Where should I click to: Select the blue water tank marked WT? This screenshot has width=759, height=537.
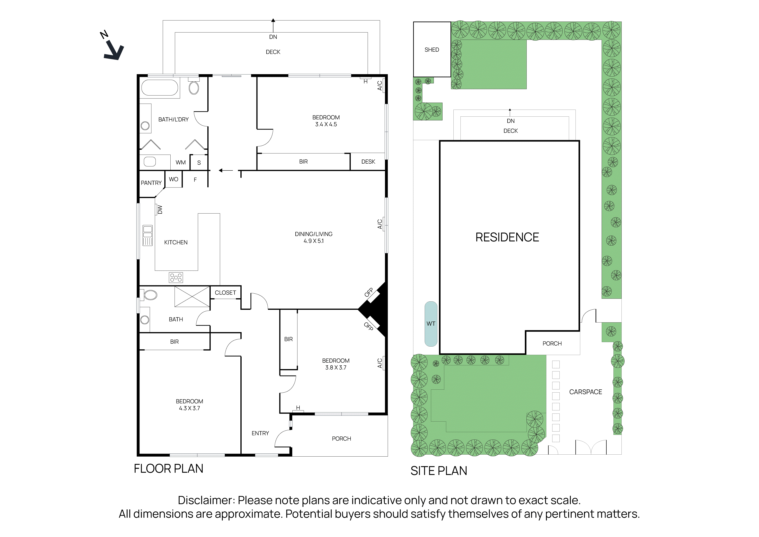[x=431, y=324]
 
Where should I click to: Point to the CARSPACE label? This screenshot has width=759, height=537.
[x=585, y=392]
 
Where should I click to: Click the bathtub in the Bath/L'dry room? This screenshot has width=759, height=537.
[x=160, y=88]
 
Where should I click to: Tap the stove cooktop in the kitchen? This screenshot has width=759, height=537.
[x=176, y=278]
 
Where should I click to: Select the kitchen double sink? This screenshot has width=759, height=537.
[x=147, y=235]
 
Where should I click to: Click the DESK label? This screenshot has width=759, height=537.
[x=368, y=162]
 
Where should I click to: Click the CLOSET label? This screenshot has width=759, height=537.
[x=226, y=293]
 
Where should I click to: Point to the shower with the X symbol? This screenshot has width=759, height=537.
[x=192, y=297]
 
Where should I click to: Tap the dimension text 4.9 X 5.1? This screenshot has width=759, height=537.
[x=314, y=241]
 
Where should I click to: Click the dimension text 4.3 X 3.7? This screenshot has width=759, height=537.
[x=189, y=408]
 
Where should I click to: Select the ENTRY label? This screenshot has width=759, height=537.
[x=260, y=433]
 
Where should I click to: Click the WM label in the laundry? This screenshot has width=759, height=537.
[x=181, y=162]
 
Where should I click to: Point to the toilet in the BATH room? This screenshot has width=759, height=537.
[x=150, y=295]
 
